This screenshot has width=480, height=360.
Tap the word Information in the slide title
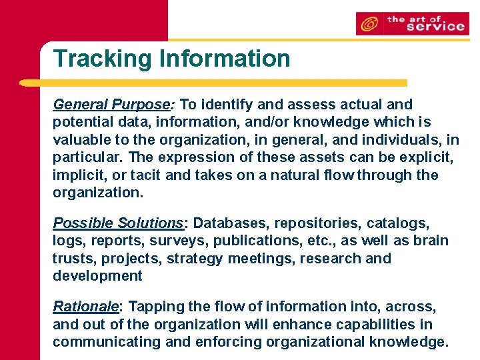point(225,59)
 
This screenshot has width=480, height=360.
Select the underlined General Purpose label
point(112,105)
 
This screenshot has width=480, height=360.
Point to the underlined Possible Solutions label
point(118,223)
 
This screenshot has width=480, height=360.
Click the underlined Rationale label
point(85,307)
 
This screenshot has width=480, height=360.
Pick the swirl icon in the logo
point(368,25)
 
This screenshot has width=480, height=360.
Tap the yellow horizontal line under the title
point(213,83)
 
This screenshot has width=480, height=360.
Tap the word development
point(97,276)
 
